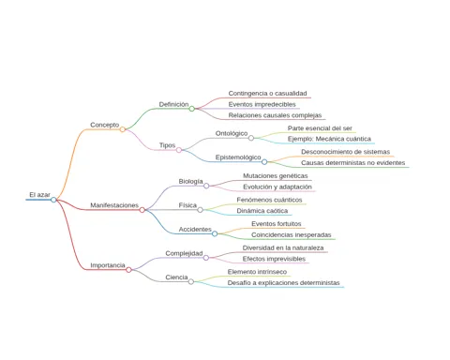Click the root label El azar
pos(39,195)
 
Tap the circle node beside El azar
pos(53,200)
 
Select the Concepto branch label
pos(105,125)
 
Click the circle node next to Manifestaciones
pos(142,210)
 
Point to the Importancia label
pos(108,265)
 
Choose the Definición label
pos(173,104)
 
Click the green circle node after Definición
pos(192,109)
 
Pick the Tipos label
pos(167,145)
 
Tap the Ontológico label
pos(232,133)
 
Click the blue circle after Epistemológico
pos(264,162)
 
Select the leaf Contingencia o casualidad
pos(267,93)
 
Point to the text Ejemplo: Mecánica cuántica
pos(329,139)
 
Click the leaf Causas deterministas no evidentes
pos(353,163)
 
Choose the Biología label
pos(190,181)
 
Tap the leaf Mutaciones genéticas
pos(276,176)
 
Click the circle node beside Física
pos(200,210)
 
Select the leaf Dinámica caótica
pos(262,211)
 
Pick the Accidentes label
pos(195,230)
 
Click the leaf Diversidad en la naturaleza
pos(283,247)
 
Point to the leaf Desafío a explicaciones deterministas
pos(283,283)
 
